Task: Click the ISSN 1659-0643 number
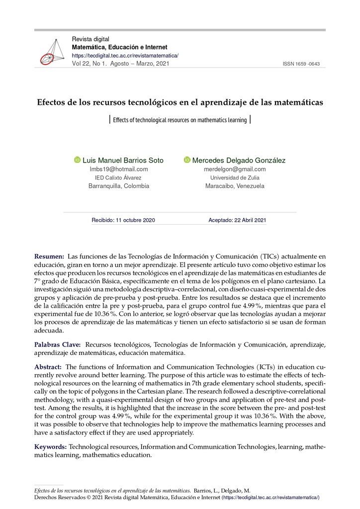click(x=301, y=64)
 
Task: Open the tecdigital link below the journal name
click(x=125, y=56)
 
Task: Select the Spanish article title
click(x=180, y=102)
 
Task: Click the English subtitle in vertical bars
click(x=180, y=120)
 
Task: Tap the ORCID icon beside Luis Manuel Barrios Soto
click(x=77, y=160)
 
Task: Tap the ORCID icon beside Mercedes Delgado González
click(x=187, y=160)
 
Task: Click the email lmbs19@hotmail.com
click(x=118, y=169)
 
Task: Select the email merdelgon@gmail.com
click(x=235, y=169)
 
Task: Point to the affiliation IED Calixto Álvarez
click(x=118, y=177)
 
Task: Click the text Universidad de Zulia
click(x=235, y=177)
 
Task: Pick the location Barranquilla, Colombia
click(x=118, y=186)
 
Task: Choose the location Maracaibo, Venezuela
click(x=235, y=186)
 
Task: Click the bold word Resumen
click(x=49, y=256)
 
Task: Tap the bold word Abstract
click(x=48, y=366)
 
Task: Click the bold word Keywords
click(x=50, y=447)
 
